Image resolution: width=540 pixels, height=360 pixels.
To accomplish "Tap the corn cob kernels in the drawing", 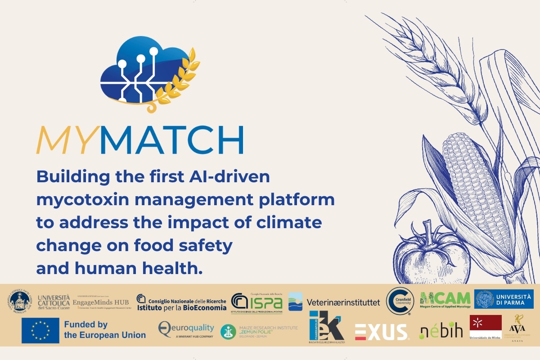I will (x=472, y=180).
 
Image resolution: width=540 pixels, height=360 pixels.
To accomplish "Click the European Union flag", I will (x=40, y=330).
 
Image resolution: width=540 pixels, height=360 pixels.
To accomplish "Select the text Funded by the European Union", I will (x=104, y=330).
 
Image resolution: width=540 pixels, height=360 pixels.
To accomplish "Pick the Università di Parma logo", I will (x=504, y=299).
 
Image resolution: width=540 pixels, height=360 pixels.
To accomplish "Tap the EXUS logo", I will (x=381, y=332).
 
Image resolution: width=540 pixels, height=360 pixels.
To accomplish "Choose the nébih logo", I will (x=441, y=331).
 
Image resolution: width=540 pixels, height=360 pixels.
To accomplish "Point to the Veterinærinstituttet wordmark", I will (x=343, y=302).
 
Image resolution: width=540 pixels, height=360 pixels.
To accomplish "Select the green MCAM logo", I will (x=445, y=299).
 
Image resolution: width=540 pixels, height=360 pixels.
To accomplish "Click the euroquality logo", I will (x=186, y=329).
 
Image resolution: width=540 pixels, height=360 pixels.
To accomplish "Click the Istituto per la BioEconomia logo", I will (x=181, y=302).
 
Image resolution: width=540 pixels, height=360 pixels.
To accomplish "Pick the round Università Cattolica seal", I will (x=19, y=301).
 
